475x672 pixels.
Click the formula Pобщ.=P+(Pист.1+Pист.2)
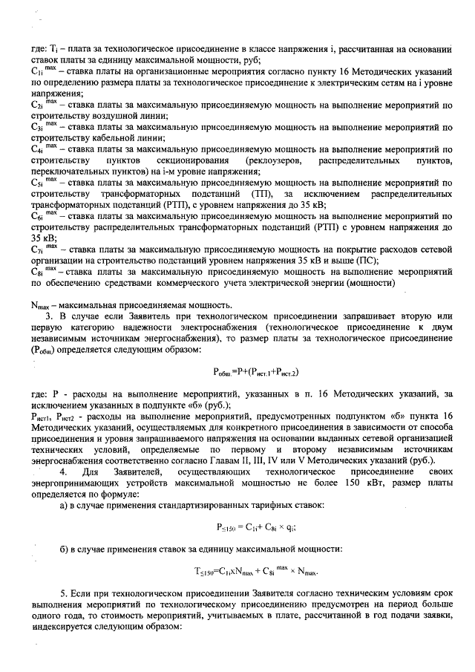pyautogui.click(x=255, y=370)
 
